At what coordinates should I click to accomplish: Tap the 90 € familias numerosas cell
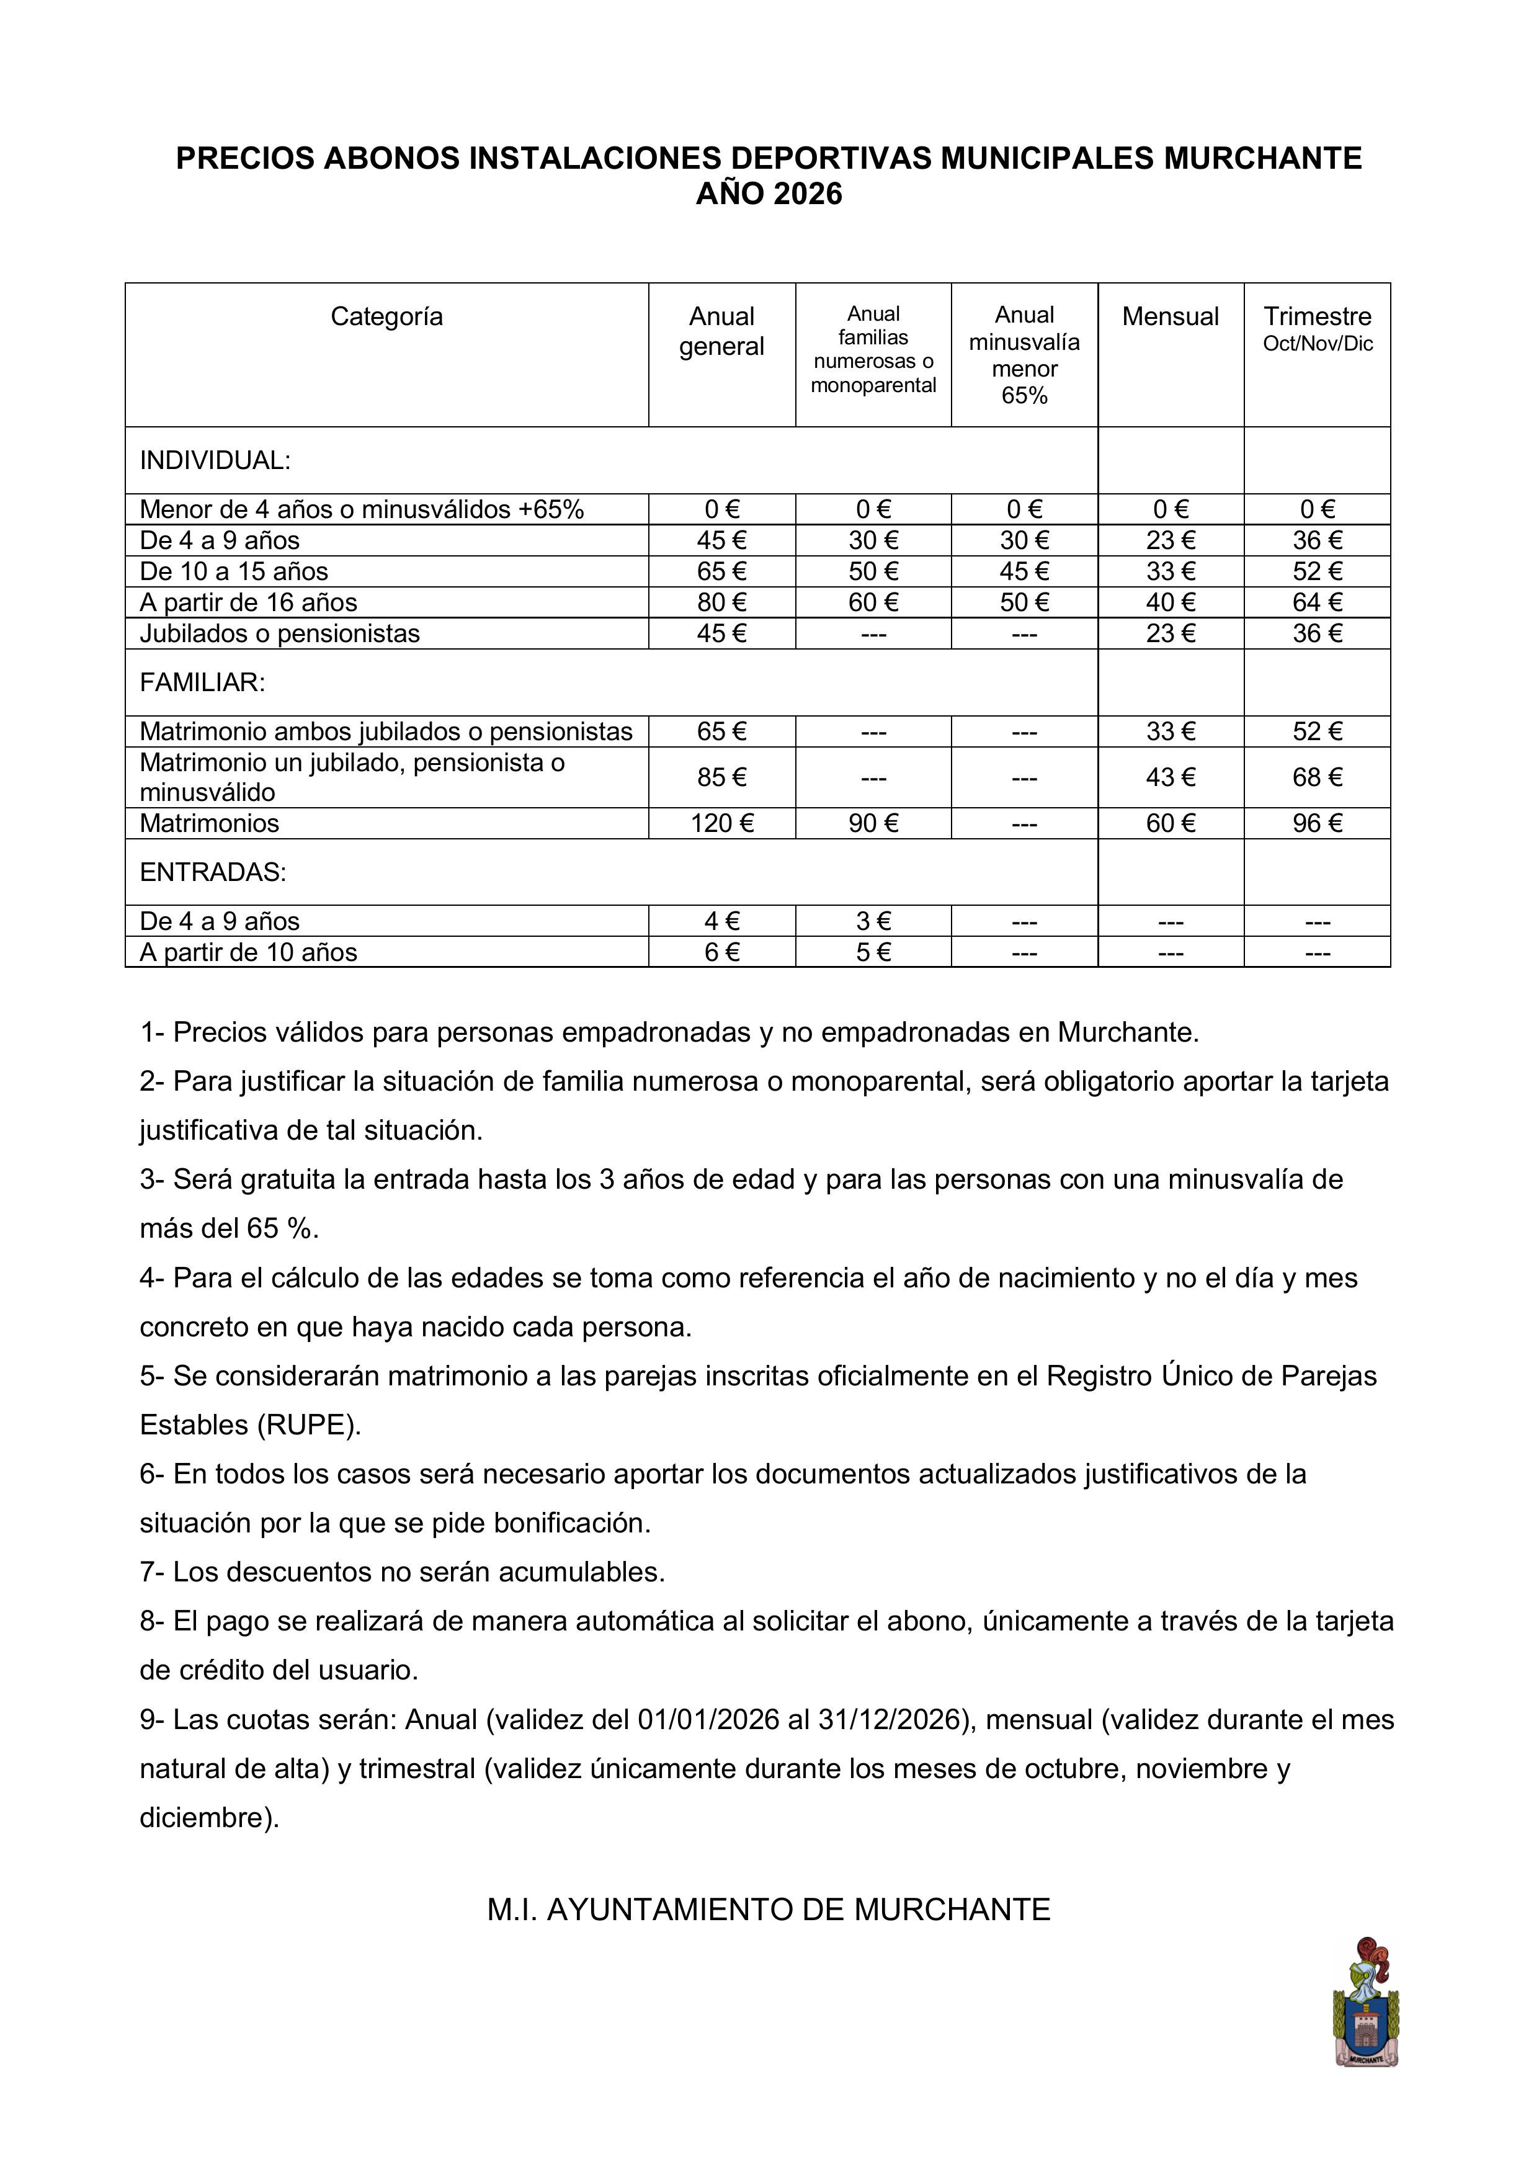point(873,823)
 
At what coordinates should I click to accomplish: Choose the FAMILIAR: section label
point(202,682)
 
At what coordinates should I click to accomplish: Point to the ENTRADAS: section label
point(212,872)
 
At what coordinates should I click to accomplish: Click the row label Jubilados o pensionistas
point(280,633)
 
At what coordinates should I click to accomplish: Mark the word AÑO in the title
point(730,194)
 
